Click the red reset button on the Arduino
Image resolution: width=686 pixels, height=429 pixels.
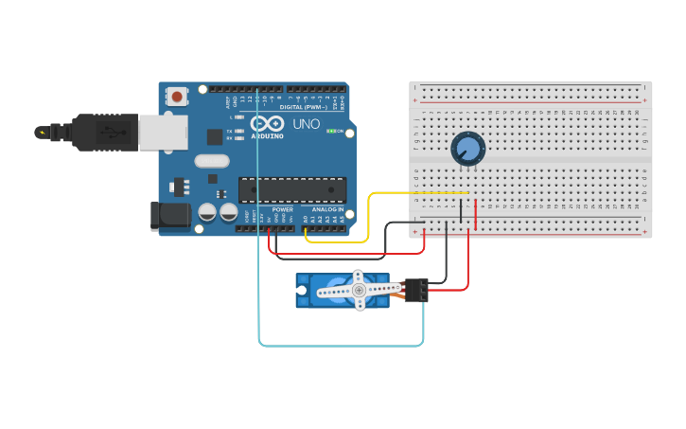pos(177,96)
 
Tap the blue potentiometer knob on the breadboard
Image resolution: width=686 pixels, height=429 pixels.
pos(467,149)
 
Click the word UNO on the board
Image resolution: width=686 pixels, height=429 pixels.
pos(307,124)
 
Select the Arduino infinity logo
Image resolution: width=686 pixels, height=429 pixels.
pos(267,124)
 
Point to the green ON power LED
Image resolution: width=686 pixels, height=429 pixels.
pos(330,131)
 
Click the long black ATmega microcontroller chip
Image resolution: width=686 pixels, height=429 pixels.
pos(290,189)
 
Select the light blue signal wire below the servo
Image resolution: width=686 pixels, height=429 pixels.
pos(341,345)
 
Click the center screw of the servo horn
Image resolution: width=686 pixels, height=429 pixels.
pos(359,290)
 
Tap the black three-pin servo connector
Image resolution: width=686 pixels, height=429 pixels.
pos(416,290)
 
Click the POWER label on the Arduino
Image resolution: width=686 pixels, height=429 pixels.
pos(283,209)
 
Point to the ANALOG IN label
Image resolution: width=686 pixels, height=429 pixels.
pos(328,209)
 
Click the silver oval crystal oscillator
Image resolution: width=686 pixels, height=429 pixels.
pos(212,161)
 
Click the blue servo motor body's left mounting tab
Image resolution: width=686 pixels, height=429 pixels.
pos(302,290)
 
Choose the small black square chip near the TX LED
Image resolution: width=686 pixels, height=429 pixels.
pos(215,136)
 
